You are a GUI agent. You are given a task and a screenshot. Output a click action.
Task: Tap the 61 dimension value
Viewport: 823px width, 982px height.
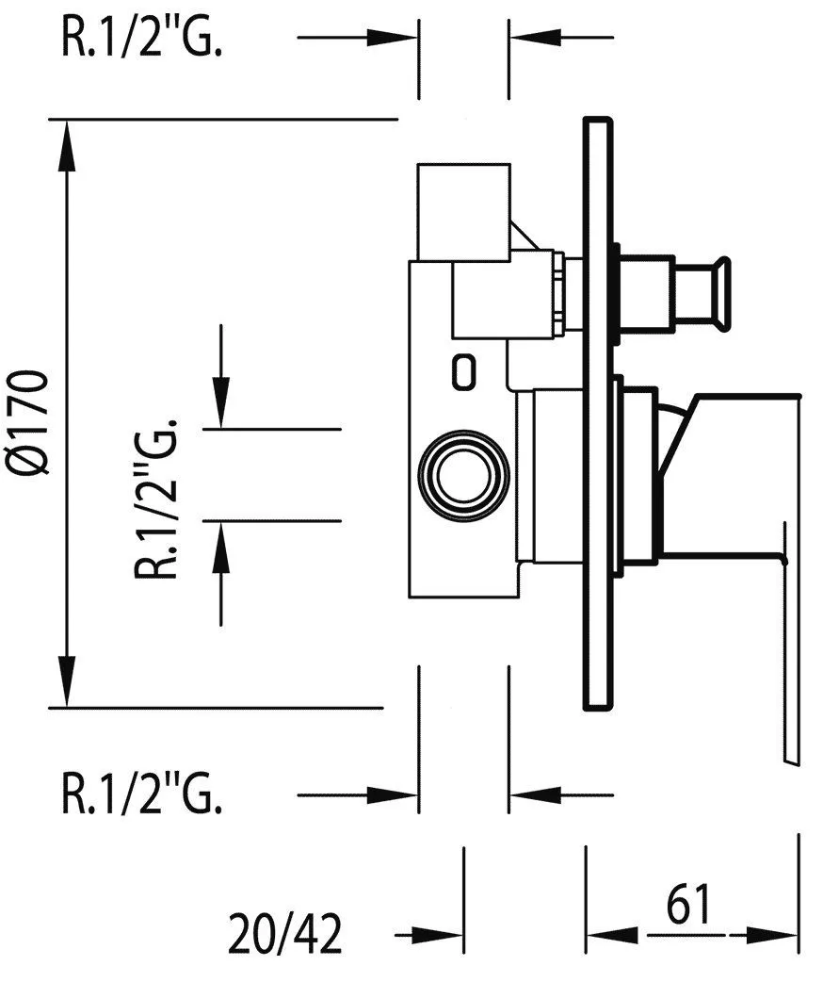pyautogui.click(x=688, y=906)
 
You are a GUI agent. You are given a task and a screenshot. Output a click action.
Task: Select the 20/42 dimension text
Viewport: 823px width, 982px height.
pyautogui.click(x=285, y=935)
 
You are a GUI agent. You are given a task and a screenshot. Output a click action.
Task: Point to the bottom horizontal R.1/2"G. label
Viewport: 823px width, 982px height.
pyautogui.click(x=142, y=795)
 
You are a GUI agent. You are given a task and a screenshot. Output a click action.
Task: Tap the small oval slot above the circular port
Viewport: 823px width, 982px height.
pyautogui.click(x=463, y=370)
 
